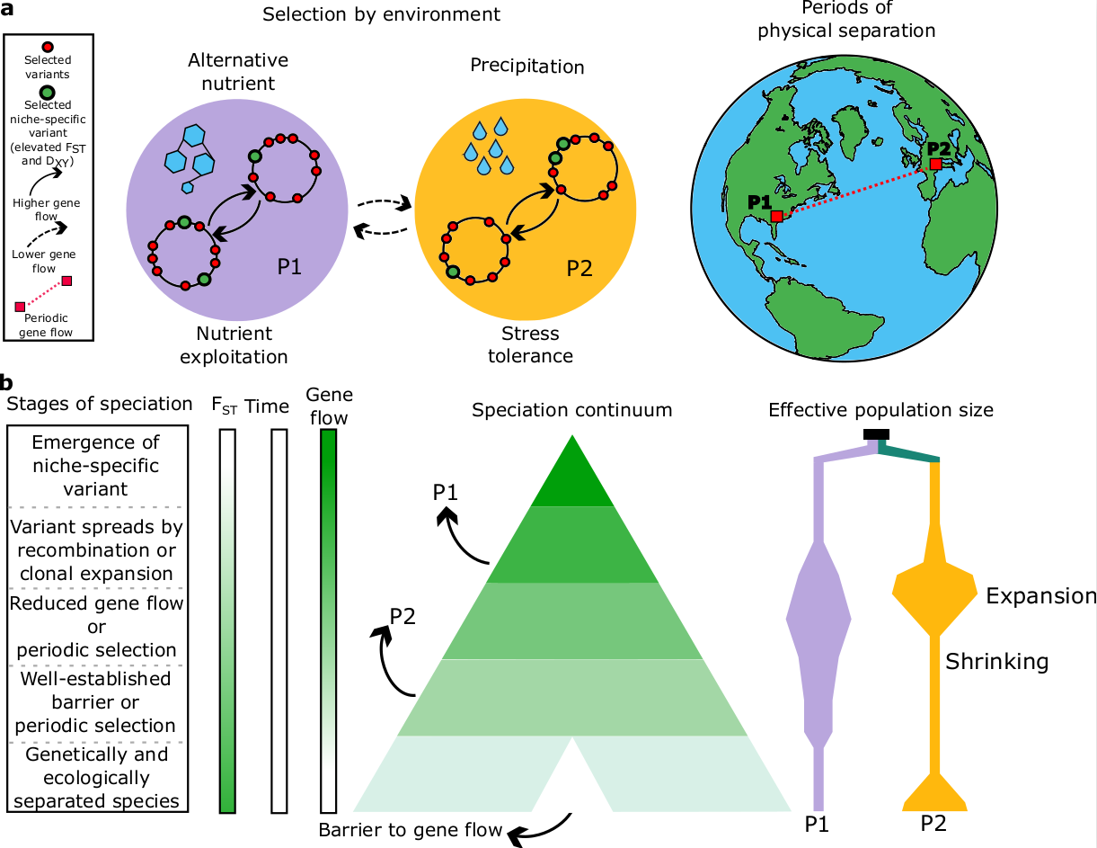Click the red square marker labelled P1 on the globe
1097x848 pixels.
tap(776, 216)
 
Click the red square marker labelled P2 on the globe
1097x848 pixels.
tap(935, 165)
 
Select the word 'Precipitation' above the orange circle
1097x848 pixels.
tap(527, 67)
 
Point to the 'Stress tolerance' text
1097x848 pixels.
tap(530, 344)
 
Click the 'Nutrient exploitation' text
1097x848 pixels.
tap(234, 344)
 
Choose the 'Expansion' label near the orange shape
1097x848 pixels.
tap(1040, 596)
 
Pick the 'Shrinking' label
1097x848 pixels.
tap(996, 662)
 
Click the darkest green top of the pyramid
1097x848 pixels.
tap(571, 477)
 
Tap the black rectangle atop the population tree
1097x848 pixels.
tap(876, 435)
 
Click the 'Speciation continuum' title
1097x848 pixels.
tap(571, 410)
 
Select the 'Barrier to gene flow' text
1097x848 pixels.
tap(411, 829)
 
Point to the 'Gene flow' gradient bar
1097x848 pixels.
tap(328, 620)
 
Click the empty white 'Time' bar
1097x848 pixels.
tap(279, 620)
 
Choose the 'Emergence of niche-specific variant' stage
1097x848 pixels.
tap(96, 466)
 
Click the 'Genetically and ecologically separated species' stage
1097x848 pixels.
tap(96, 777)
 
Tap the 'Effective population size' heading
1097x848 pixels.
tap(880, 410)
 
